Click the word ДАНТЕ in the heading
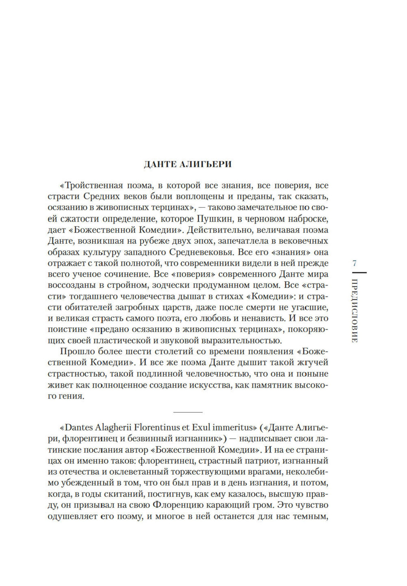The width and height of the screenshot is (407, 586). pos(159,164)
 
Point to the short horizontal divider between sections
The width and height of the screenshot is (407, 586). pos(188,412)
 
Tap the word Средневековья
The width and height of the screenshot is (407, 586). pos(203,252)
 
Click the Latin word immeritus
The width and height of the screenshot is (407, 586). pos(232,428)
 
